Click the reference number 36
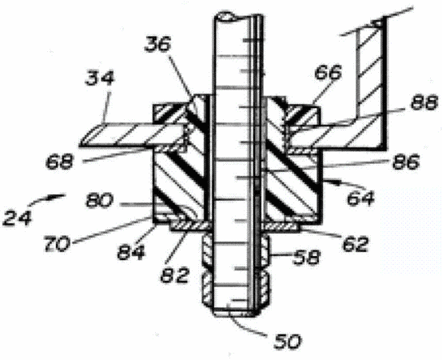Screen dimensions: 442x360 click(x=158, y=45)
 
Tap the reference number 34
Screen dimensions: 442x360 click(x=100, y=78)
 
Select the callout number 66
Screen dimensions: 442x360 click(x=329, y=72)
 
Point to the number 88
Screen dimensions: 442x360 click(x=424, y=102)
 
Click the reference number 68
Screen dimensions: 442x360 click(x=59, y=162)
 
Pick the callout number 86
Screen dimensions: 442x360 click(x=406, y=162)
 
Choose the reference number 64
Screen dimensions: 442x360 click(x=360, y=198)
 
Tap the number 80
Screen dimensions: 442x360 click(x=100, y=201)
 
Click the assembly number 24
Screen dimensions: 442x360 click(x=17, y=218)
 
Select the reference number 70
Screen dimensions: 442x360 click(x=57, y=244)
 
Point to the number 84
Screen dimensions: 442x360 click(x=131, y=252)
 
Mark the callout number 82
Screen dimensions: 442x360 click(x=174, y=274)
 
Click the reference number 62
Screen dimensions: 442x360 click(x=355, y=244)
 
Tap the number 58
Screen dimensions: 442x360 click(x=307, y=257)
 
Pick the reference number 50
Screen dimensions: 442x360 click(x=288, y=341)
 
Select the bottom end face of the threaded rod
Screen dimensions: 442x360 click(x=235, y=314)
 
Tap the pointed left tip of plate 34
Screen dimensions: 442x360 click(x=80, y=145)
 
